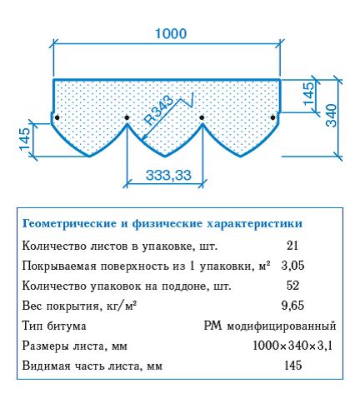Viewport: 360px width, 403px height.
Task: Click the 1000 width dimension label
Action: coord(171,33)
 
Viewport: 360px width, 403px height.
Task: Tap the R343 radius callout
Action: coord(159,110)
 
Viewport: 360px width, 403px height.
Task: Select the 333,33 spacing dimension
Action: coord(168,175)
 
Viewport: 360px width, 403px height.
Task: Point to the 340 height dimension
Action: coord(332,115)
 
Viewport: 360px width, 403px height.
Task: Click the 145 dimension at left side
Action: coord(25,139)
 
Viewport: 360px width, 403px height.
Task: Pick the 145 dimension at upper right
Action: coord(308,93)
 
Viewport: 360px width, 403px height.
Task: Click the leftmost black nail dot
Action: coord(57,117)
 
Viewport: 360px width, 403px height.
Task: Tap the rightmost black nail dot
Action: coord(272,117)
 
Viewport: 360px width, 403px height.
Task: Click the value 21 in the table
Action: coord(292,246)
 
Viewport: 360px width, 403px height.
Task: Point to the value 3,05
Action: coord(292,266)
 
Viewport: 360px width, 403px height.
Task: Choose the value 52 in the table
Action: coord(292,286)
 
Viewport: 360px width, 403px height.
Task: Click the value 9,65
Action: coord(292,306)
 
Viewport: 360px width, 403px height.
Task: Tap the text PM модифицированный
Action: coord(270,326)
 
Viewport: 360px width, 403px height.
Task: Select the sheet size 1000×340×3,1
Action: coord(292,346)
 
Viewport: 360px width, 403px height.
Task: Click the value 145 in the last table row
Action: coord(293,366)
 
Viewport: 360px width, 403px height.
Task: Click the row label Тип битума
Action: coord(54,326)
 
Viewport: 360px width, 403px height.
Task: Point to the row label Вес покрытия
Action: coord(60,306)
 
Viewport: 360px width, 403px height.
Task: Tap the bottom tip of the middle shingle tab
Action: coord(165,157)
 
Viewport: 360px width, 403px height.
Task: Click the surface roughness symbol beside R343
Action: coord(188,101)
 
